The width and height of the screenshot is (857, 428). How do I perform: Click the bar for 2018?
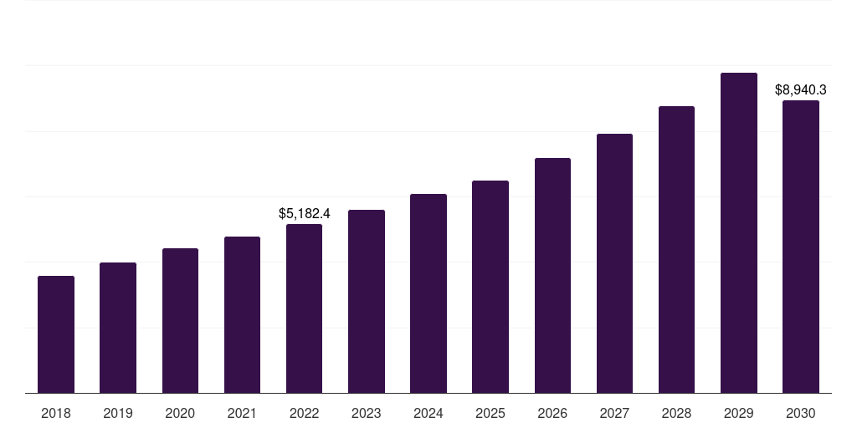(56, 334)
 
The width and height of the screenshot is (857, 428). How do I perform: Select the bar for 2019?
(118, 328)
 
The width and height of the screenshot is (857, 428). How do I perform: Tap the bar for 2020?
(180, 320)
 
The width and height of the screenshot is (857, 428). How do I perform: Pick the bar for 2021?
(242, 314)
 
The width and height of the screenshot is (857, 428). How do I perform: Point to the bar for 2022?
(304, 308)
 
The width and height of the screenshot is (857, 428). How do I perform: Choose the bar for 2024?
(428, 293)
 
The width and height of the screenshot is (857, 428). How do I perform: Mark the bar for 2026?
(552, 275)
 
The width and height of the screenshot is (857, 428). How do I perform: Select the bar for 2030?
(801, 247)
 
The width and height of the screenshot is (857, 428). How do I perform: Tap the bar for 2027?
(614, 263)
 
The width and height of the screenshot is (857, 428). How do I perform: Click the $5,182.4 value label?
(305, 214)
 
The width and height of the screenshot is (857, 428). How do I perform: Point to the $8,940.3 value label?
(801, 89)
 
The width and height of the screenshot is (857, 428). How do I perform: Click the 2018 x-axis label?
(56, 413)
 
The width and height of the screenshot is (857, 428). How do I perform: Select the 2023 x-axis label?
(367, 413)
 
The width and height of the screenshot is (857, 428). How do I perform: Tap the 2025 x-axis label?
(490, 413)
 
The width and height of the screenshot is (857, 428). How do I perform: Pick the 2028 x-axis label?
(676, 413)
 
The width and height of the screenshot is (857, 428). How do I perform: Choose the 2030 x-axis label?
(801, 413)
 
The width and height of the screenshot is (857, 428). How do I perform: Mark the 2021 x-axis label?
(242, 413)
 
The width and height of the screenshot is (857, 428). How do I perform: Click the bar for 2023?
(367, 301)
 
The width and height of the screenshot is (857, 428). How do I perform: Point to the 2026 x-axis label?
(552, 413)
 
